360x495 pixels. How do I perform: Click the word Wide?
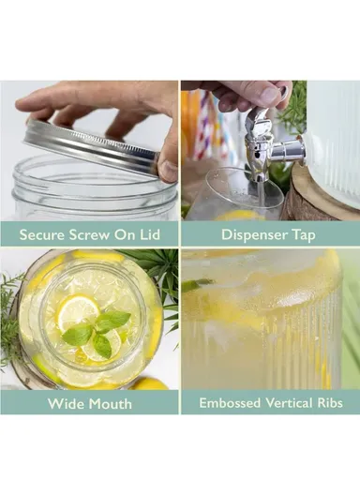click(65, 404)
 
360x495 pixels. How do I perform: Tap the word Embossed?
click(230, 404)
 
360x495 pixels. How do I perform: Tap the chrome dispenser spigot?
click(263, 145)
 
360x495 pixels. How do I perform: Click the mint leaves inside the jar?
click(97, 329)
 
